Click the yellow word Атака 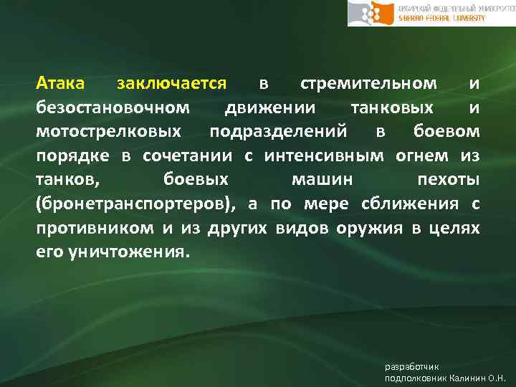click(x=61, y=83)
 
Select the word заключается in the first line click(x=171, y=83)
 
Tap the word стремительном click(x=368, y=83)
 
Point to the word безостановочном click(x=113, y=107)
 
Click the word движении click(x=268, y=107)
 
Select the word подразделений click(x=287, y=132)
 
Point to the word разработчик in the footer click(x=408, y=366)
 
